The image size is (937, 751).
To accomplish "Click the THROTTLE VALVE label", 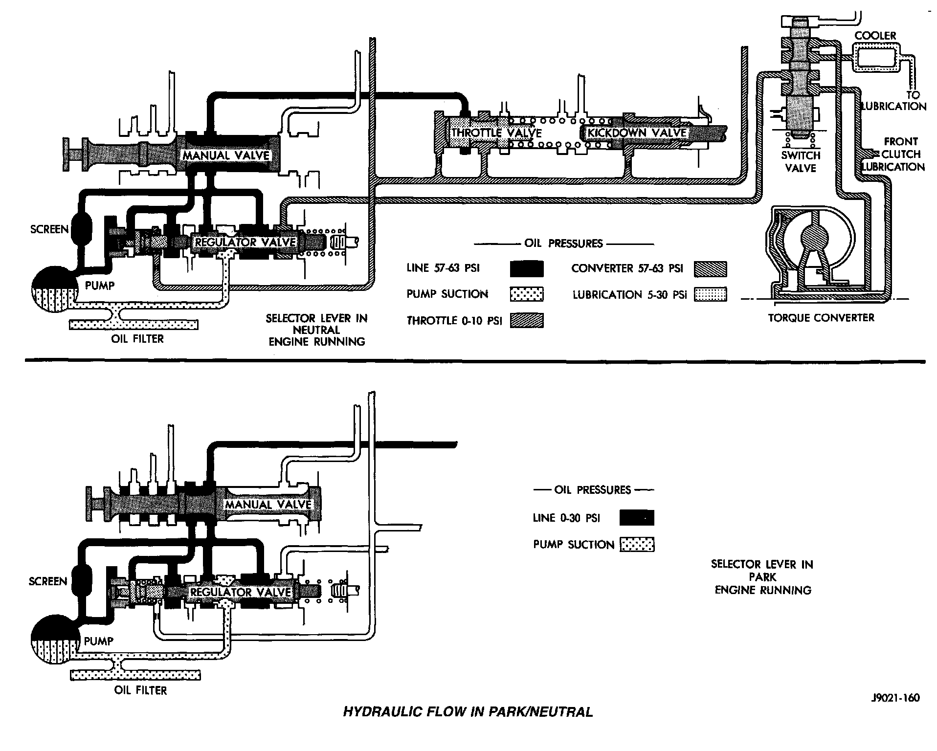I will [496, 133].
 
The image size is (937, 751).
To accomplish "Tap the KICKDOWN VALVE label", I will [637, 133].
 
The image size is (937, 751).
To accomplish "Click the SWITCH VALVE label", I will [801, 162].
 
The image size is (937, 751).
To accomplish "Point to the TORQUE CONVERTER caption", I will [821, 318].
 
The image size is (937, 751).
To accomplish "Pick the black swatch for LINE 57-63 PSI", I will [527, 268].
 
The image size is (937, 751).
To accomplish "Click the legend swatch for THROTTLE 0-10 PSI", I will [527, 321].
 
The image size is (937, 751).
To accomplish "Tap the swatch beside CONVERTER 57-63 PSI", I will [710, 268].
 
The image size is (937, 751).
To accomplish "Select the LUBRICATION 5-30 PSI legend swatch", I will [710, 294].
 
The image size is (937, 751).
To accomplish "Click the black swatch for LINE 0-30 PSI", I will [636, 518].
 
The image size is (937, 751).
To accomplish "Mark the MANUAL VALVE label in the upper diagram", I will [226, 155].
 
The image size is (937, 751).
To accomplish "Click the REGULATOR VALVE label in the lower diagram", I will [240, 592].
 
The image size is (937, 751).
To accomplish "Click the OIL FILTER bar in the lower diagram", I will [135, 676].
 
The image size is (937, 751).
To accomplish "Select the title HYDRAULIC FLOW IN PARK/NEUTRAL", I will [468, 712].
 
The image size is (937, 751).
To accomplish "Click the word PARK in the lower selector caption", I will [762, 577].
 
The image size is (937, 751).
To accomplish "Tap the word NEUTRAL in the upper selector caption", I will [316, 330].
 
